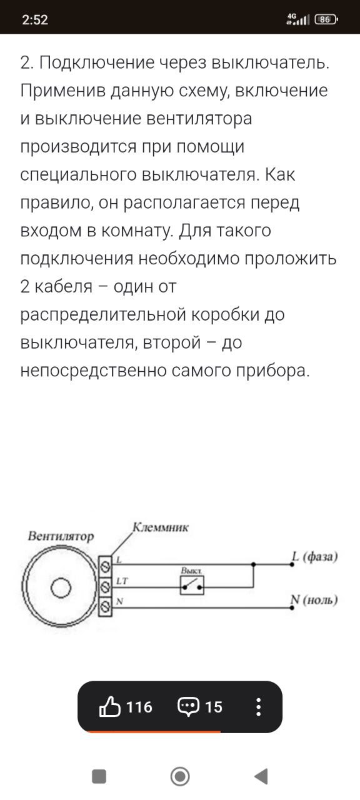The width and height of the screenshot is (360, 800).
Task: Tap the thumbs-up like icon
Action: coord(109,706)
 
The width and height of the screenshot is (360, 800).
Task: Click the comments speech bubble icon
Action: coord(188,707)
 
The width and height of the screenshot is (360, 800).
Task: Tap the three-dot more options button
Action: coord(258,707)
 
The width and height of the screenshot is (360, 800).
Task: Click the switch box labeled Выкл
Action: coord(192,585)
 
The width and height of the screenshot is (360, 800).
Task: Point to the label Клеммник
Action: coord(161,527)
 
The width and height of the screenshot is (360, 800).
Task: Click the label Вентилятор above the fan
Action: coord(61,536)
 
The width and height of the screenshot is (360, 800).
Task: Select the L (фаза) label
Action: coord(314,557)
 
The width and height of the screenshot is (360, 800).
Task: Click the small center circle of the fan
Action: coord(61,587)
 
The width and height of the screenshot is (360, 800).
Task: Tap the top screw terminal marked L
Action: coord(106,566)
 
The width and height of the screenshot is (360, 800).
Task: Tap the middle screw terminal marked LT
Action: coord(106,586)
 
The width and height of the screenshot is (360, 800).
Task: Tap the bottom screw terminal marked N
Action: coord(106,606)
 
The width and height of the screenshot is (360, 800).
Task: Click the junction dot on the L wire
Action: coord(253,564)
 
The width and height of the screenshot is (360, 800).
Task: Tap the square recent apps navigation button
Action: coord(99,776)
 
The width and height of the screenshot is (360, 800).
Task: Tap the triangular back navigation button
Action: coord(261,776)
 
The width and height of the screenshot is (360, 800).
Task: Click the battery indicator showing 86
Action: coord(326,19)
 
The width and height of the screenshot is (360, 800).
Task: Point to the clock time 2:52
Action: coord(34,19)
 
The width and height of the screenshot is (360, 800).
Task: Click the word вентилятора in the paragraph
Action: coord(199,119)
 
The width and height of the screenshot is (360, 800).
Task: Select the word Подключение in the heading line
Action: coord(97,63)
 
